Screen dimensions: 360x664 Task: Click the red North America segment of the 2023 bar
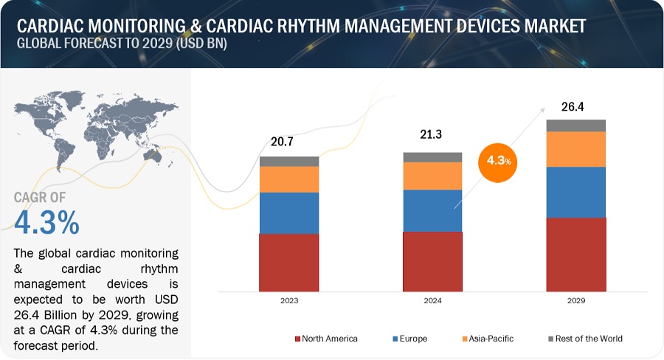pyautogui.click(x=288, y=262)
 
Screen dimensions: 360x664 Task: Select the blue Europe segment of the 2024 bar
pyautogui.click(x=432, y=210)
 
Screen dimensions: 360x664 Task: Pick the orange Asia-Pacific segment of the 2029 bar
pyautogui.click(x=575, y=149)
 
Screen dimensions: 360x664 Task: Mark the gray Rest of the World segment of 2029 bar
pyautogui.click(x=575, y=125)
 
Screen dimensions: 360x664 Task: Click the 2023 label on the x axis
pyautogui.click(x=288, y=302)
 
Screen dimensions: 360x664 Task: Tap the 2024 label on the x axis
pyautogui.click(x=432, y=302)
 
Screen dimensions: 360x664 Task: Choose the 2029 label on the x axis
pyautogui.click(x=575, y=302)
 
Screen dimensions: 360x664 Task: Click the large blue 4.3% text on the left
pyautogui.click(x=46, y=222)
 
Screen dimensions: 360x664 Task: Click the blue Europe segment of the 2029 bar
pyautogui.click(x=575, y=192)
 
